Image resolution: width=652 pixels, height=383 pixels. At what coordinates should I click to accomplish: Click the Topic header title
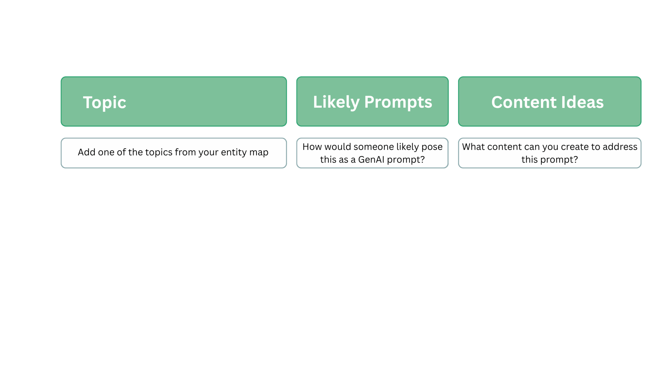coord(104,103)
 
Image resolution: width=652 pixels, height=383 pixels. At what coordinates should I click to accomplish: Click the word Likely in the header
coord(336,102)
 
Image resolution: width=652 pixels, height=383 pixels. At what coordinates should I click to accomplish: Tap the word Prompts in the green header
coord(398,102)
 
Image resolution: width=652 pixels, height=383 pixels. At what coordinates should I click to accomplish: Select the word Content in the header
coord(524,102)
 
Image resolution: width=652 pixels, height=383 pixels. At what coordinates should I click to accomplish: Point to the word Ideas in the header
coord(582,102)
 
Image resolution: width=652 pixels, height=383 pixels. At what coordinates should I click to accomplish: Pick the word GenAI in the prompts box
coord(371,160)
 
